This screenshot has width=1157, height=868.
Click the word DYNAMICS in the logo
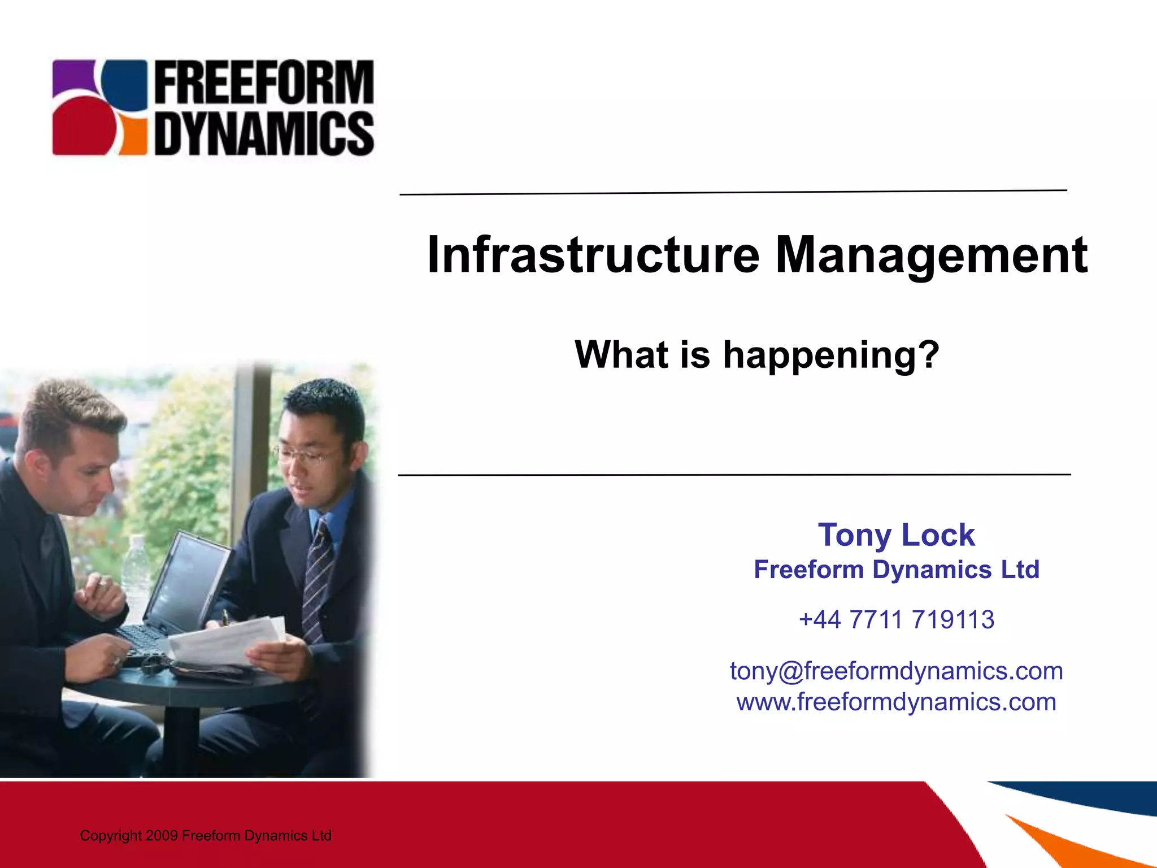point(264,133)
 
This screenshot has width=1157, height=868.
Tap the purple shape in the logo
point(72,77)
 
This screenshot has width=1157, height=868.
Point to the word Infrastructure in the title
point(593,255)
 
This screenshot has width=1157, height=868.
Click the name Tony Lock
point(897,535)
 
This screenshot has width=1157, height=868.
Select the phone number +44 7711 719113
point(897,619)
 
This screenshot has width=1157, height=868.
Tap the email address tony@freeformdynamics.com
point(897,671)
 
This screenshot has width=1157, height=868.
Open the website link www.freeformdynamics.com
point(897,702)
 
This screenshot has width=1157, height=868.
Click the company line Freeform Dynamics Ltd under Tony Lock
point(897,570)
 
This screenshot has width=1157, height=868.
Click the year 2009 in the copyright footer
point(162,836)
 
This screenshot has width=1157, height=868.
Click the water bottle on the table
point(136,571)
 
